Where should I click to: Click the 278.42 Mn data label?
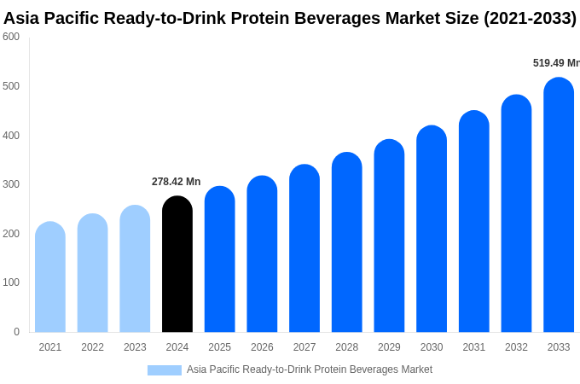tap(176, 182)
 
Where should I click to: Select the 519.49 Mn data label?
tap(555, 63)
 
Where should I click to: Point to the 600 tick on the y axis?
tap(11, 37)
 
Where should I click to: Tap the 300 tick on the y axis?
tap(11, 184)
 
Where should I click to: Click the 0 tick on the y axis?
tap(16, 332)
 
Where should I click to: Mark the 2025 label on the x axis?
tap(219, 347)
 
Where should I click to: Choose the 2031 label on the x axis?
tap(473, 347)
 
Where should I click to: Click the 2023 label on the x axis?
tap(135, 347)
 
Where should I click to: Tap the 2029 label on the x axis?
tap(389, 347)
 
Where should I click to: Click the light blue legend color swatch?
tap(164, 369)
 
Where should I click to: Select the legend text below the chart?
tap(310, 369)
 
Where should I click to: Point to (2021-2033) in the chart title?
tap(529, 18)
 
